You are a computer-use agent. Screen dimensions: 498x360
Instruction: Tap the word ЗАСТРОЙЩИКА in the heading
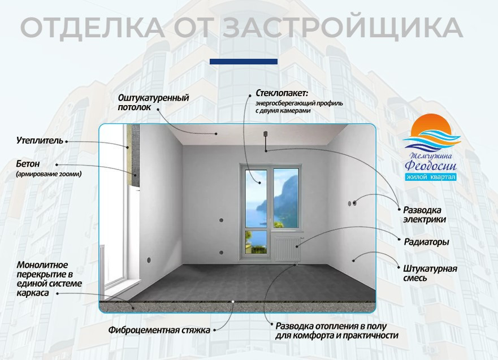click(x=339, y=27)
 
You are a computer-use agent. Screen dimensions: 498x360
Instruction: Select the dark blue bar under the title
click(x=243, y=61)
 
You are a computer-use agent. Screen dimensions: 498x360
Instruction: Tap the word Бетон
click(x=28, y=164)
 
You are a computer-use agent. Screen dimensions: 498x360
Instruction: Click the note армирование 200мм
click(x=49, y=175)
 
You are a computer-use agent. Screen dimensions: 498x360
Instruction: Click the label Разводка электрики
click(x=425, y=214)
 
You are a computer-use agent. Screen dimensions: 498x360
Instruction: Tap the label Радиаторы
click(x=426, y=242)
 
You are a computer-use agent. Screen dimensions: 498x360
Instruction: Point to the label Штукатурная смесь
click(x=430, y=273)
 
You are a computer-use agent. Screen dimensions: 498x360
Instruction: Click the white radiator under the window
click(x=287, y=247)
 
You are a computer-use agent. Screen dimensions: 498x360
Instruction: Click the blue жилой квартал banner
click(x=431, y=177)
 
